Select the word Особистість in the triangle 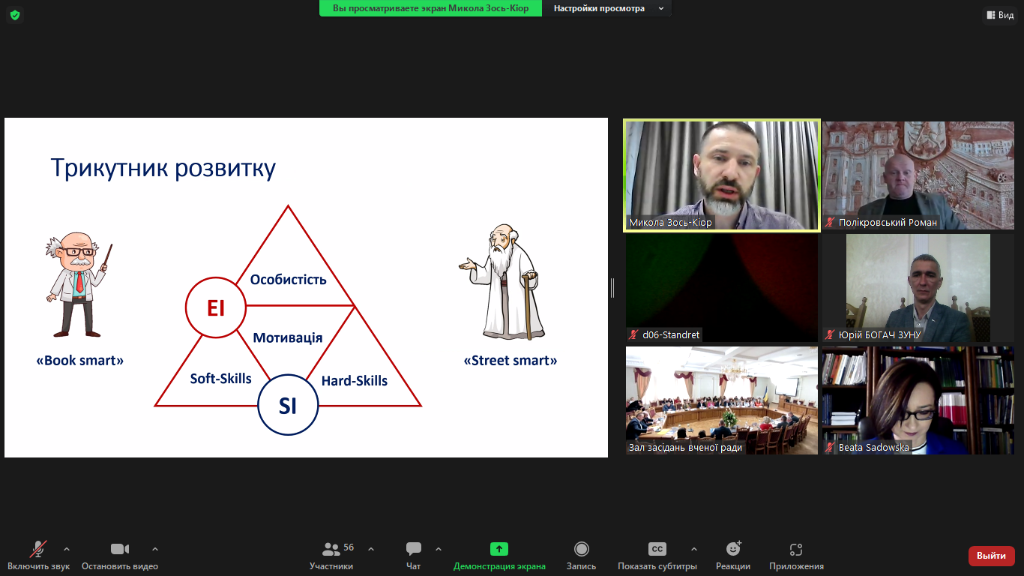[x=288, y=280]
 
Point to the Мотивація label [x=288, y=337]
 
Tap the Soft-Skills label [x=221, y=378]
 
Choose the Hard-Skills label [x=355, y=380]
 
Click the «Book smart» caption [x=80, y=361]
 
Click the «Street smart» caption [x=511, y=361]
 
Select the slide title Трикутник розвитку [x=163, y=168]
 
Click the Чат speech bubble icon [x=413, y=548]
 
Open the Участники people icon [x=331, y=548]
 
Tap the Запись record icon [x=582, y=548]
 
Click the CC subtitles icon [x=657, y=548]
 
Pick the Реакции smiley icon [x=733, y=548]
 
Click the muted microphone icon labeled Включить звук [x=38, y=549]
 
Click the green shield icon [x=15, y=15]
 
